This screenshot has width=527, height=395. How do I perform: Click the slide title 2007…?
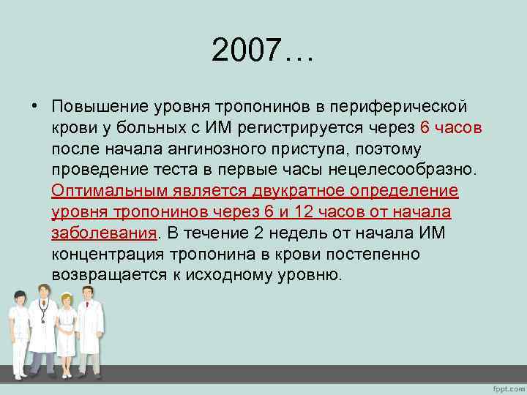tap(262, 50)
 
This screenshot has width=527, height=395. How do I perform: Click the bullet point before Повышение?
tap(35, 107)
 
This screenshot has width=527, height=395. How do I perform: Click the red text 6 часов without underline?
tap(451, 128)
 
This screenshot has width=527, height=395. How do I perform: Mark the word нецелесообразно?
tap(396, 170)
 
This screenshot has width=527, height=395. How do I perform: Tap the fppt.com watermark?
tap(505, 386)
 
